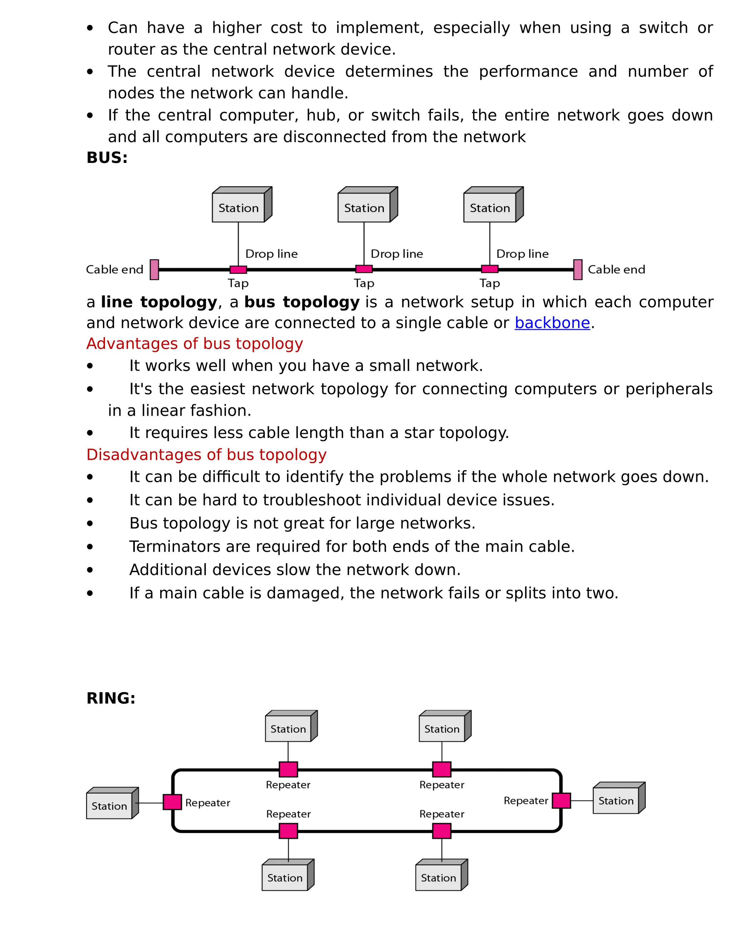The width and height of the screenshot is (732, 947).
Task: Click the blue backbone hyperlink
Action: point(552,323)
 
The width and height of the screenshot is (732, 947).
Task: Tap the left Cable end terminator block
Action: point(154,270)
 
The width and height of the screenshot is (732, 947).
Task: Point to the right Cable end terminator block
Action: point(578,270)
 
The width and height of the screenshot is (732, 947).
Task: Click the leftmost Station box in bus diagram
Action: point(238,208)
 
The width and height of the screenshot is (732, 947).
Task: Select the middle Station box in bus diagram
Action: point(364,208)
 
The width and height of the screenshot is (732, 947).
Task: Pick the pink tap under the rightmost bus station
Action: point(490,269)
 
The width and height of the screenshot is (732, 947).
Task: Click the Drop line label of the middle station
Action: point(397,254)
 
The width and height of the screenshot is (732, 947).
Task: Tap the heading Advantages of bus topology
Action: point(194,344)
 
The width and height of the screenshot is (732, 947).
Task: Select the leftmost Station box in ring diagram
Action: point(109,805)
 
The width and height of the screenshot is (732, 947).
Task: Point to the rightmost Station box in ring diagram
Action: point(616,800)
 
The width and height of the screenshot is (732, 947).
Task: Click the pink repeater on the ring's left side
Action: point(172,802)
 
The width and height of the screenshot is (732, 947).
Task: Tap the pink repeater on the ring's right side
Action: point(562,800)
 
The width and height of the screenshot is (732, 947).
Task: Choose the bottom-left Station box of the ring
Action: point(285,878)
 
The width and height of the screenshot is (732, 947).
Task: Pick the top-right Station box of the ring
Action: point(442,729)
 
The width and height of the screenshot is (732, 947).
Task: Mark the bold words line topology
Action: point(159,302)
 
